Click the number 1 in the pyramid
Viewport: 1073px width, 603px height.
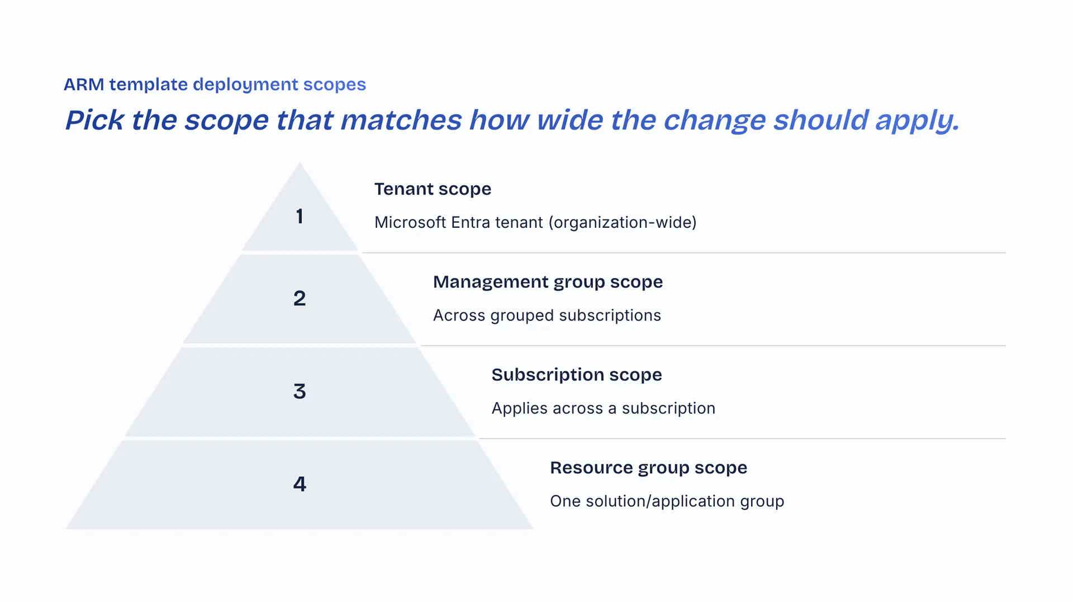[x=300, y=216]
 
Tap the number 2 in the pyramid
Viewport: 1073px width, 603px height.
[x=300, y=298]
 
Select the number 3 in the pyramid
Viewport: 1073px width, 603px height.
[x=300, y=391]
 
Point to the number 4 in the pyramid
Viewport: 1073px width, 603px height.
[x=300, y=484]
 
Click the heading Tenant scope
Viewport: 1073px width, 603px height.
[x=433, y=189]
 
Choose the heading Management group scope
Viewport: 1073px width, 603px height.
[x=548, y=282]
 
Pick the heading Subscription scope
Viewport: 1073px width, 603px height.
[x=577, y=375]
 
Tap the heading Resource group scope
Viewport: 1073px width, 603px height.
[x=648, y=468]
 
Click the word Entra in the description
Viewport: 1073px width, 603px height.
[x=469, y=222]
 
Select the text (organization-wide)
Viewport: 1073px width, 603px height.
[x=623, y=223]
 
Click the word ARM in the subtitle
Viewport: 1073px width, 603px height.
[x=84, y=84]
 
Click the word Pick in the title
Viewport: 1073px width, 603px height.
[x=94, y=120]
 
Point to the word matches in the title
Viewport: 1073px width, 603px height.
[x=401, y=120]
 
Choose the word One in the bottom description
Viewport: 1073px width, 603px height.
[x=565, y=501]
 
